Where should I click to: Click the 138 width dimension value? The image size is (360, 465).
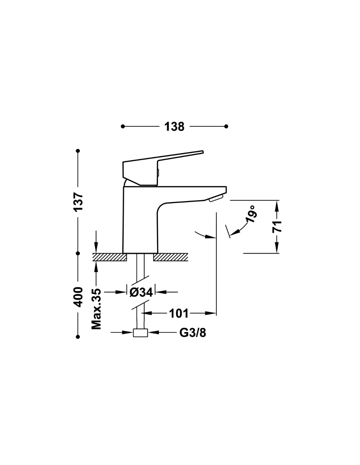pyautogui.click(x=174, y=127)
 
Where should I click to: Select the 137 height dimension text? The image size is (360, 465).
pyautogui.click(x=78, y=202)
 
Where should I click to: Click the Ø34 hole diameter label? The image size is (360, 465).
pyautogui.click(x=141, y=292)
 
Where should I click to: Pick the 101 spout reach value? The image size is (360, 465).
pyautogui.click(x=179, y=314)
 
